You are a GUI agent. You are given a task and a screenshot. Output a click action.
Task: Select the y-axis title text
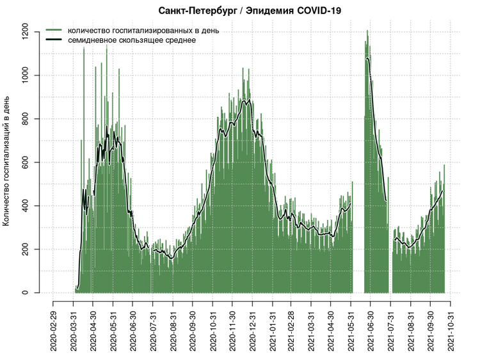pos(7,161)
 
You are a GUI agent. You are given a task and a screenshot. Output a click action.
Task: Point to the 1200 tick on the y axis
pos(24,32)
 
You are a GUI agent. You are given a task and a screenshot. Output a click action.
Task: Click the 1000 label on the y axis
pos(24,75)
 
